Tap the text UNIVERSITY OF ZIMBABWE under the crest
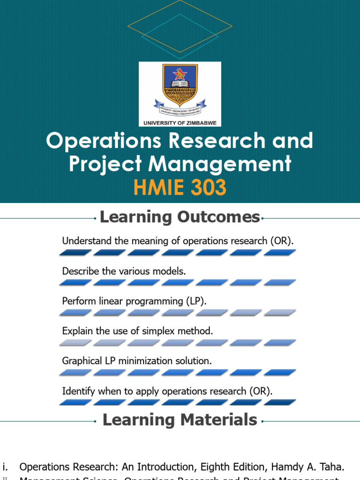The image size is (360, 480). pyautogui.click(x=180, y=123)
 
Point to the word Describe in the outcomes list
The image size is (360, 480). pyautogui.click(x=78, y=271)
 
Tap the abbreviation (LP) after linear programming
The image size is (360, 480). pyautogui.click(x=195, y=301)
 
